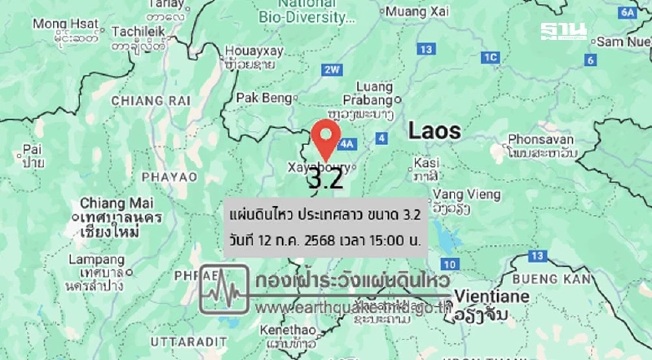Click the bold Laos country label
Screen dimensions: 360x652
click(434, 130)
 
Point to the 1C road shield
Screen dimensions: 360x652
click(490, 57)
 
